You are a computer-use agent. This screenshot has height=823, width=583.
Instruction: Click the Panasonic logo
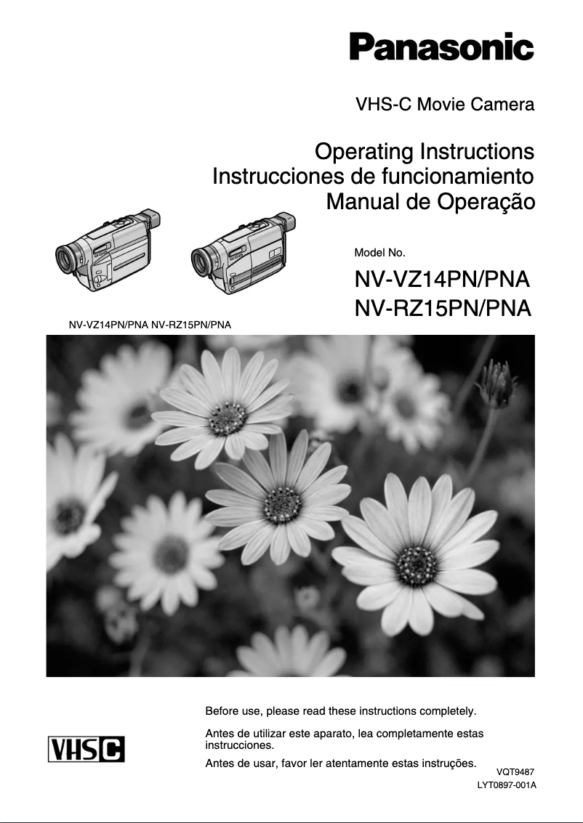(x=441, y=47)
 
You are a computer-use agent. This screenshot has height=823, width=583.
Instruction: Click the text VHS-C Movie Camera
(x=445, y=105)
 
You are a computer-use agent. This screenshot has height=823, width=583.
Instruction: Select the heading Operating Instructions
(x=425, y=153)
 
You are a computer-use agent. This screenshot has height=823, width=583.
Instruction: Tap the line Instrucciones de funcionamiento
(x=373, y=177)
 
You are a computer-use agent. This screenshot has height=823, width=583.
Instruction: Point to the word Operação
(x=485, y=201)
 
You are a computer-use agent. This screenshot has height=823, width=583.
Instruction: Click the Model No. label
(x=379, y=253)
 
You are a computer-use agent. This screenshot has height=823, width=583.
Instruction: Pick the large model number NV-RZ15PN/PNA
(x=442, y=309)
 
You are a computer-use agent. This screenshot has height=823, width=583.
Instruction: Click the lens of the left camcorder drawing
(x=67, y=257)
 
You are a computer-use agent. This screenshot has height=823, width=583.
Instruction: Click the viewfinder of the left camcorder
(x=148, y=220)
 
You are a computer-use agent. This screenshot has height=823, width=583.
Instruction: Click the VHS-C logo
(x=87, y=749)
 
